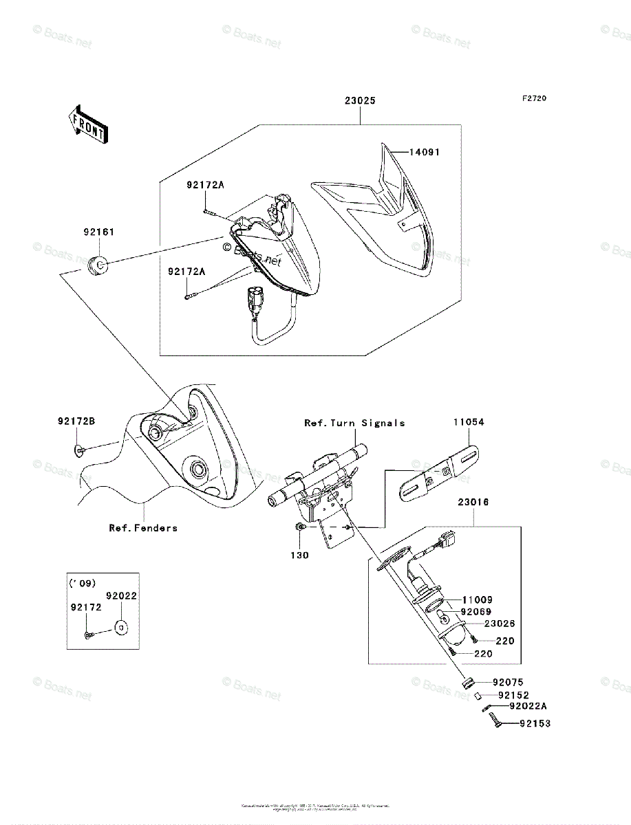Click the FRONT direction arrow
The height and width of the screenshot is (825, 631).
click(88, 124)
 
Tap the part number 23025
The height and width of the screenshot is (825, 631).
click(360, 100)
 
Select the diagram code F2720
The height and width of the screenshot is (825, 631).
click(533, 99)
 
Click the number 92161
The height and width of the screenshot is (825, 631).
click(100, 232)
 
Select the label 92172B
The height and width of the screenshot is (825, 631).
click(75, 421)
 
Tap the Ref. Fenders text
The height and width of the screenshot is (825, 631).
click(143, 528)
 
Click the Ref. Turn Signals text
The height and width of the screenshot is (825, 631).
click(354, 423)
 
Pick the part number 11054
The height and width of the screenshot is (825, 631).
click(468, 422)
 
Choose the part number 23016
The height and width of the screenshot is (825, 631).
click(473, 503)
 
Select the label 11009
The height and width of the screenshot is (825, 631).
click(477, 599)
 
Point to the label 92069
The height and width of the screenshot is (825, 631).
click(477, 611)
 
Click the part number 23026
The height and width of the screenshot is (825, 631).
click(500, 624)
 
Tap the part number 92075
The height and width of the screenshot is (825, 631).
click(508, 682)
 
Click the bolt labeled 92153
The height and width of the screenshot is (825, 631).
click(496, 722)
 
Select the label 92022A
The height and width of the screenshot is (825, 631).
click(528, 705)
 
